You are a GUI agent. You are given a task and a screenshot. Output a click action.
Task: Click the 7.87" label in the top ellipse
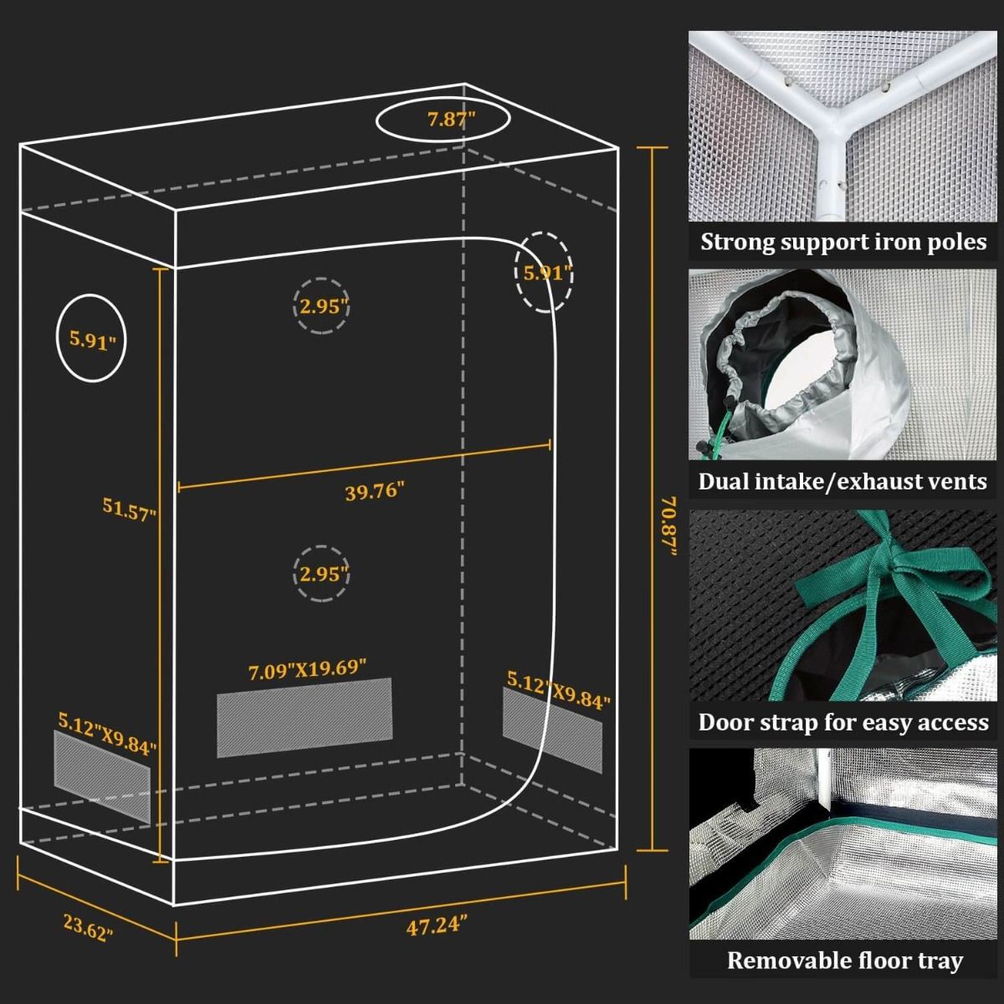[x=451, y=120]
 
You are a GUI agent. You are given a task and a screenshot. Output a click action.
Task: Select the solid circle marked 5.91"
[x=90, y=340]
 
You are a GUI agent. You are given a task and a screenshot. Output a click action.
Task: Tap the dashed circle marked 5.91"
[x=544, y=273]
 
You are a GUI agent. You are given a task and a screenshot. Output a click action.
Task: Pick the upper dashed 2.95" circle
[x=322, y=306]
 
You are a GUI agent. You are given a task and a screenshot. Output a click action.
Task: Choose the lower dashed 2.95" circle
[x=322, y=574]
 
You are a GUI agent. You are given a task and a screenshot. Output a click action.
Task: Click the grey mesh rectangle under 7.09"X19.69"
[x=305, y=717]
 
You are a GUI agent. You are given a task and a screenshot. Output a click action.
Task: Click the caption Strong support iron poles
[x=843, y=243]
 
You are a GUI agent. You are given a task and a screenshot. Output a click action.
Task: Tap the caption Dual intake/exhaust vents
[x=843, y=482]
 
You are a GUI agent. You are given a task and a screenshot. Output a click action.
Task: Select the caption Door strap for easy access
[x=843, y=722]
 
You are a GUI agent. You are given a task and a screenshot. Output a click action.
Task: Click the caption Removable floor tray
[x=843, y=961]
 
